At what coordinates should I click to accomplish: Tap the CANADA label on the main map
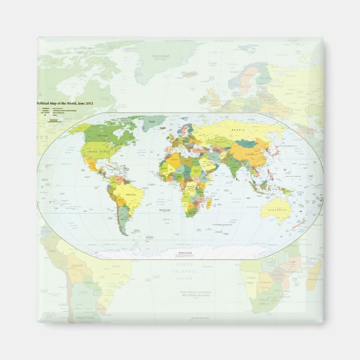click(103, 136)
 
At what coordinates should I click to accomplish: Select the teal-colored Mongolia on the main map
click(246, 143)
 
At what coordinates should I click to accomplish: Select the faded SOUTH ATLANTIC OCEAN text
click(184, 271)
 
